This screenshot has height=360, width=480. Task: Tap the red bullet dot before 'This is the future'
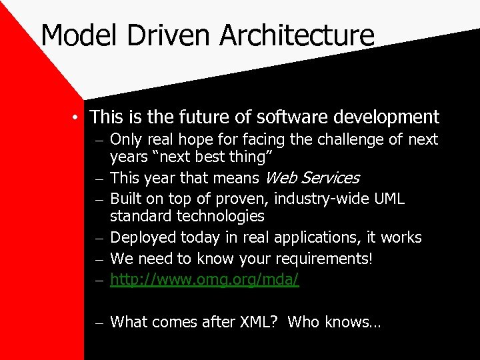(x=77, y=118)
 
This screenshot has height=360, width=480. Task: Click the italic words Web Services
(x=312, y=178)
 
